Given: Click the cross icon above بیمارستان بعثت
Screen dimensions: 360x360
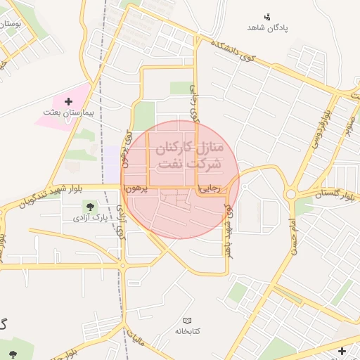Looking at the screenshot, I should click(68, 102).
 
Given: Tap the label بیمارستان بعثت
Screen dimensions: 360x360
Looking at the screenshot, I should click(68, 112).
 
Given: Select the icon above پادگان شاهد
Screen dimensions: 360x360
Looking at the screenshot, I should click(267, 16).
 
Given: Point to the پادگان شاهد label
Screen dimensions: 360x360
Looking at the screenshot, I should click(268, 27).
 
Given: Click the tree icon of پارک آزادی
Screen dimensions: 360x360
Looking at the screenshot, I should click(90, 206).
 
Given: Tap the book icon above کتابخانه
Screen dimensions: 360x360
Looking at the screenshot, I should click(186, 320).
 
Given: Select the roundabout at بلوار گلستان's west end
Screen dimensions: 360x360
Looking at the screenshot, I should click(290, 194).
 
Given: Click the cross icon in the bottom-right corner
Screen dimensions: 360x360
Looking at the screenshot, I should click(342, 351).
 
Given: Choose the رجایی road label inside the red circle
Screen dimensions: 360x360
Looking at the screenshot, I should click(209, 189).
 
